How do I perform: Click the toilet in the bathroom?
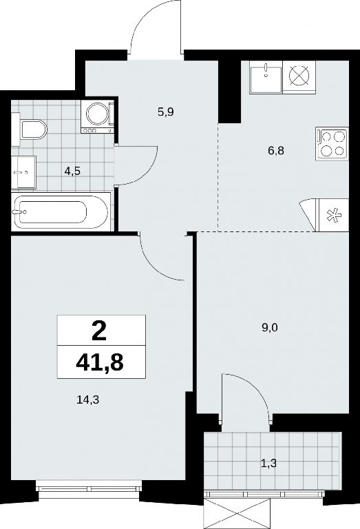pos(30,130)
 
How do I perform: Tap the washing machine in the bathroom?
pos(98,116)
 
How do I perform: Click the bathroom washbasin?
pos(23,172)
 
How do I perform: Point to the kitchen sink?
pos(266,78)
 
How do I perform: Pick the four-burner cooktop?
pos(332,144)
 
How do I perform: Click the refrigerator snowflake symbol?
pos(334,215)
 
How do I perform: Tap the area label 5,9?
pos(165,112)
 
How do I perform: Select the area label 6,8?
pos(276,150)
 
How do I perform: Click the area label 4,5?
pos(72,172)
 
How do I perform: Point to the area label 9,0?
pos(269,327)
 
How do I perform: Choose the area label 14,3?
pos(89,400)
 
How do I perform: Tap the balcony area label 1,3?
pos(268,464)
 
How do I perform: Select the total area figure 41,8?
pos(100,362)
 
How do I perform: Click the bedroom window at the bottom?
pos(88,488)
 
